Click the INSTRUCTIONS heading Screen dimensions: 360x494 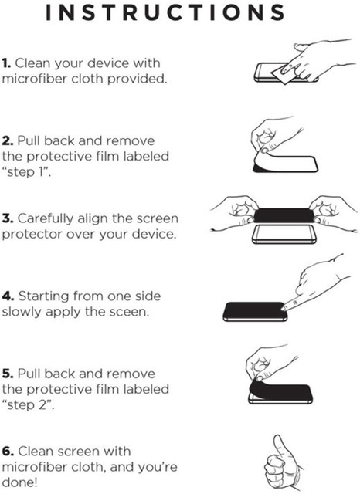coord(165,12)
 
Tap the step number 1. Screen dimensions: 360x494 coord(6,63)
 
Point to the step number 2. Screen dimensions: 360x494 coord(8,140)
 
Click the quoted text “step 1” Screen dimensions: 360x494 coord(26,172)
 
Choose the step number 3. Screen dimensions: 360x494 coord(8,218)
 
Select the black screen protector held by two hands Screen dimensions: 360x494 coord(284,215)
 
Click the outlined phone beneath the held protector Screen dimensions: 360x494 coord(284,234)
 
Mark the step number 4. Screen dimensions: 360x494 coord(8,296)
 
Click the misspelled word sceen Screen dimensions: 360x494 coord(128,312)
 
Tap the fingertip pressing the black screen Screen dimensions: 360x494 coord(284,308)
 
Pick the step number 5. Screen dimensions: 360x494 coord(8,374)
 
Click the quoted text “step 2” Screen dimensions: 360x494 coord(28,405)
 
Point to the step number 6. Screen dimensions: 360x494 coord(8,452)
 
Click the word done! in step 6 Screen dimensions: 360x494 coord(19,482)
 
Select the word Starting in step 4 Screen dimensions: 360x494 coord(44,296)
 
